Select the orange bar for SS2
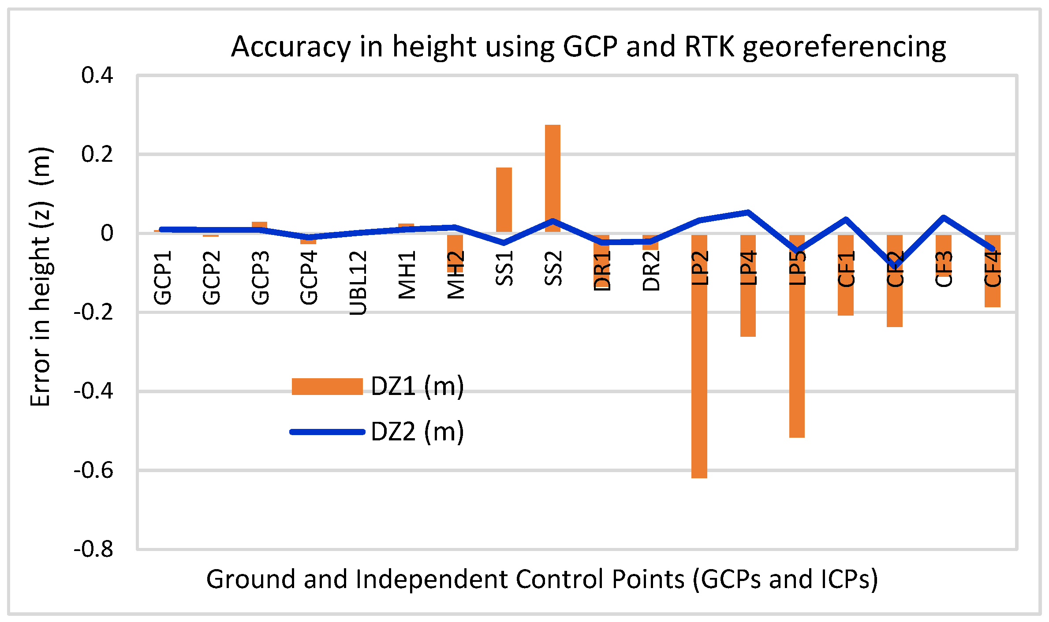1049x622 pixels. coord(552,176)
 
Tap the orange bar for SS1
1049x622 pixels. coord(504,198)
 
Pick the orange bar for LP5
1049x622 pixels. coord(797,353)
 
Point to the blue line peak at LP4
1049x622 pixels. coord(748,212)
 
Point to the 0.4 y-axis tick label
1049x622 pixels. coord(97,75)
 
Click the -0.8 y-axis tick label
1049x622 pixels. coord(93,550)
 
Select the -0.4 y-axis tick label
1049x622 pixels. coord(93,391)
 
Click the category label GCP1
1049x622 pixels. coord(162,278)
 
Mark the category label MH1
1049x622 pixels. coord(407,275)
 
